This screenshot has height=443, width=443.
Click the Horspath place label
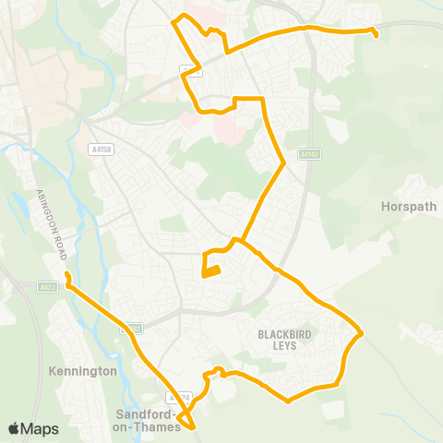click(408, 207)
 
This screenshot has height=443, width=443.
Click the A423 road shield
click(48, 287)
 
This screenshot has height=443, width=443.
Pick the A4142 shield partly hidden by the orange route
click(133, 328)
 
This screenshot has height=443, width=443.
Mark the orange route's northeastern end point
click(376, 35)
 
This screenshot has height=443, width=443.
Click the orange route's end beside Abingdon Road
click(67, 274)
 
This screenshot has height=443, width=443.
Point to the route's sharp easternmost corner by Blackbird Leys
click(361, 333)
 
